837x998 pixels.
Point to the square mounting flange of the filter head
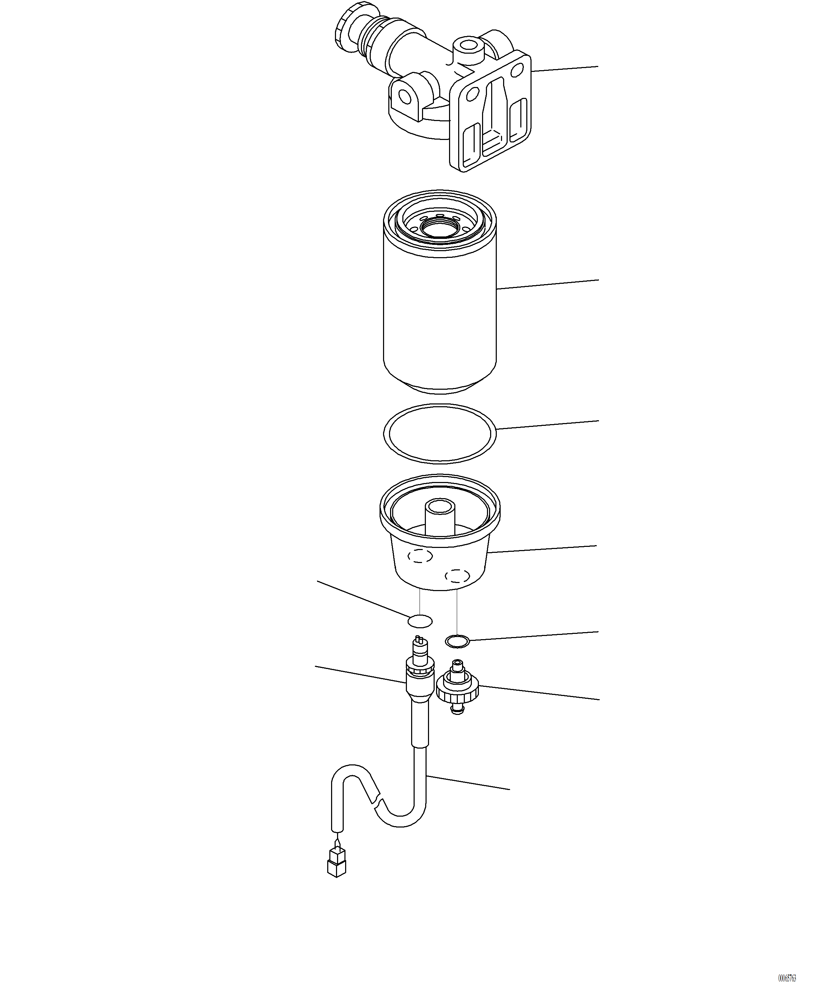[x=490, y=114]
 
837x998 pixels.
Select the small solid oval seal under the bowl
[x=420, y=621]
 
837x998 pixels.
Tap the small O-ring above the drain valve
[x=457, y=641]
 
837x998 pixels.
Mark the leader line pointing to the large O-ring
[x=547, y=424]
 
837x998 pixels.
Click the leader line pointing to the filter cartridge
[x=547, y=284]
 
